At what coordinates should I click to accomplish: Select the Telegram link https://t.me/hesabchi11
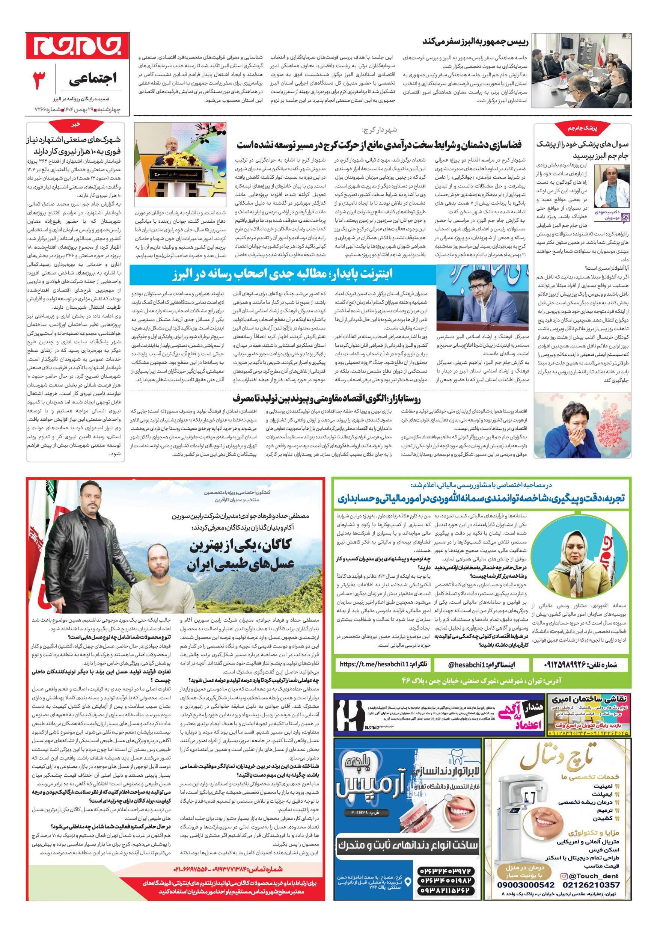coord(383,665)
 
